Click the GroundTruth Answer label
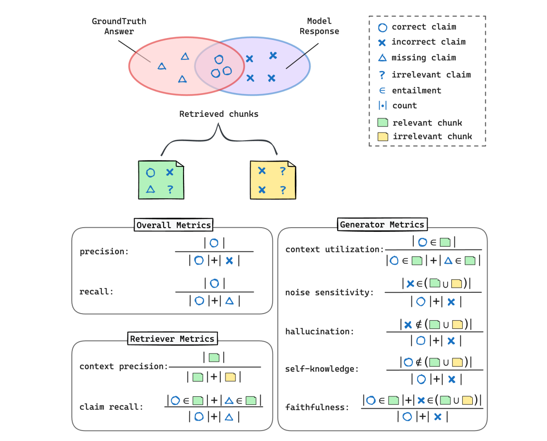[119, 27]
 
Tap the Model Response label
[319, 27]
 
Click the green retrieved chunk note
[161, 180]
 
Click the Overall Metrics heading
[174, 225]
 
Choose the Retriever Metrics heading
[172, 339]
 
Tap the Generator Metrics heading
[382, 224]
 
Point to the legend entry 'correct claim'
[424, 27]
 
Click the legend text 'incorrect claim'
[429, 42]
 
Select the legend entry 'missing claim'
[424, 58]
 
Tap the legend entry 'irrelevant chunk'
[432, 136]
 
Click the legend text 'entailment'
[417, 90]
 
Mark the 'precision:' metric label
[104, 251]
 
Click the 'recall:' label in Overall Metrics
[97, 292]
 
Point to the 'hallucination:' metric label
[320, 331]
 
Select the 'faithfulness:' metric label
[317, 407]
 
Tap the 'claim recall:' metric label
[111, 407]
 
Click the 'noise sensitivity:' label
[330, 292]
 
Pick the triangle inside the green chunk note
[150, 189]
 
